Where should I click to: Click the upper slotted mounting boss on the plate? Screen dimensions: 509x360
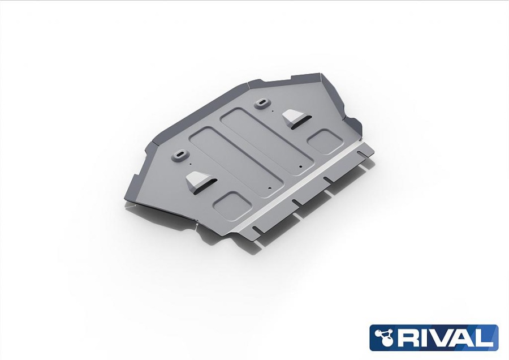coord(261,104)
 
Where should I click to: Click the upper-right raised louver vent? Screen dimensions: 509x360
coord(295,119)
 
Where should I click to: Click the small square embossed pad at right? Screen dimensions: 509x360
coord(325,142)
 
